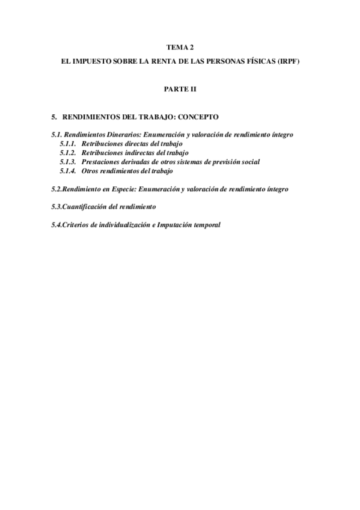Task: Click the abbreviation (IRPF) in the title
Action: (295, 61)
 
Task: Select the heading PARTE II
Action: (180, 88)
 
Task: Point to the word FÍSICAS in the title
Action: (264, 61)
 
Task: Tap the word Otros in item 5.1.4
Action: (90, 171)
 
